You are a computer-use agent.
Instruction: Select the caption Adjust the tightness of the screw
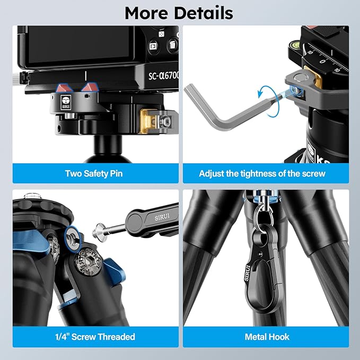[262, 173]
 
